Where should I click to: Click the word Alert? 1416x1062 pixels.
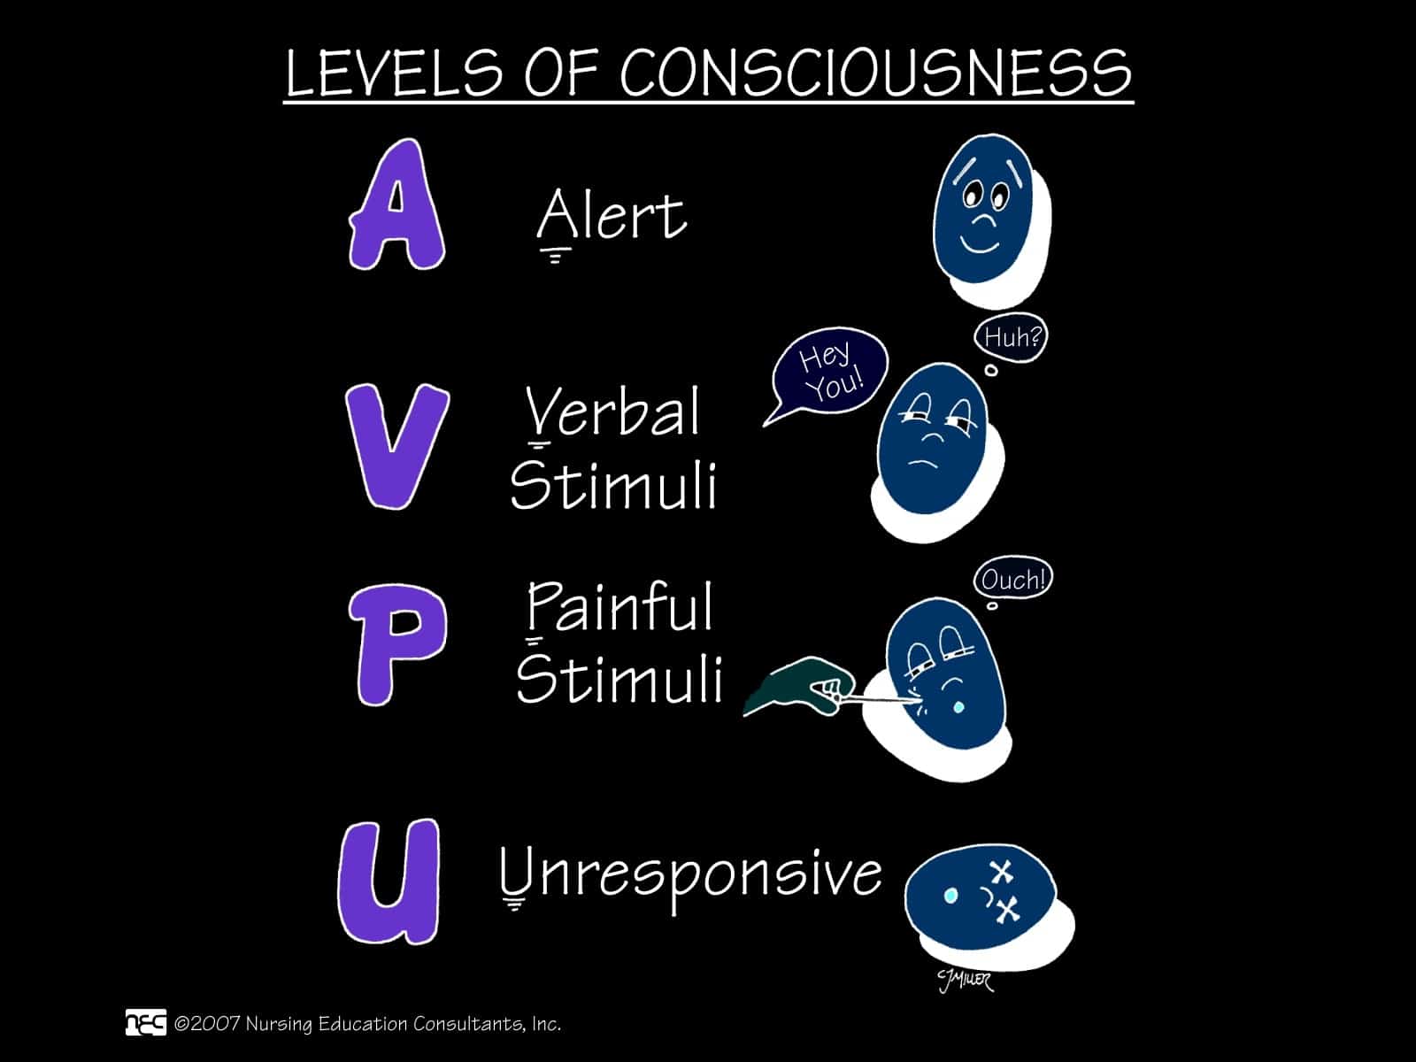tap(612, 216)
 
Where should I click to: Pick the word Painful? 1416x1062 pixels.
tap(619, 608)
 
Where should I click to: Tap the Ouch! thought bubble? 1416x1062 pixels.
tap(1013, 581)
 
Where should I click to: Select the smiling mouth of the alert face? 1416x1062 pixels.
tap(980, 242)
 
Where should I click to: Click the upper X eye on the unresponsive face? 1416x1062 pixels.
tap(1001, 873)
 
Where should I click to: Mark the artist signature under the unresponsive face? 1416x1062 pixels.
tap(965, 980)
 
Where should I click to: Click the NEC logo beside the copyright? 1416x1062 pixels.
tap(145, 1022)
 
